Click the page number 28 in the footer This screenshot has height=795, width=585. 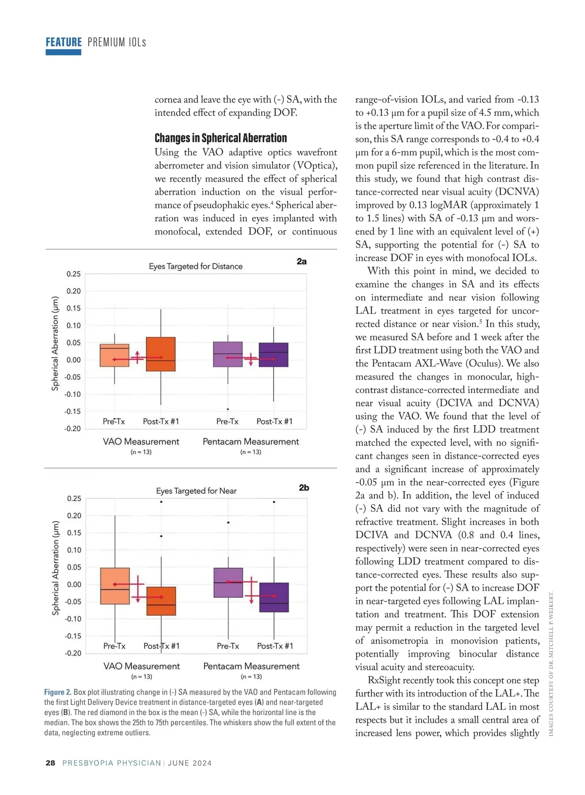(x=50, y=763)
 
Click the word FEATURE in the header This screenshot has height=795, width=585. (x=64, y=42)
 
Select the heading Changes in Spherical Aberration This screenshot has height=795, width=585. (x=221, y=138)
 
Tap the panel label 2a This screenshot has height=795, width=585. (x=302, y=262)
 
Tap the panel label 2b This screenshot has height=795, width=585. (x=304, y=487)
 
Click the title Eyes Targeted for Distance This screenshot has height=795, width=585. (x=195, y=266)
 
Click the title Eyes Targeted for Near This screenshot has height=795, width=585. (x=196, y=491)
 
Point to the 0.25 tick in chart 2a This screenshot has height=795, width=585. (x=74, y=274)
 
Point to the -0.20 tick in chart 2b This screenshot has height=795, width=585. (x=73, y=653)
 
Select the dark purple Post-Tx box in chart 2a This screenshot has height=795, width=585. (x=273, y=355)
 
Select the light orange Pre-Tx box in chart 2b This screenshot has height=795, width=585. (x=115, y=586)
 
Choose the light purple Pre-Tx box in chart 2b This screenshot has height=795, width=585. (x=228, y=582)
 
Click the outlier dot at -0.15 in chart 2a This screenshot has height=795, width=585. (x=228, y=409)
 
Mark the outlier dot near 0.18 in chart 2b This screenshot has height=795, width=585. (x=228, y=523)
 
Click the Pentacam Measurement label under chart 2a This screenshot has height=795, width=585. (x=251, y=442)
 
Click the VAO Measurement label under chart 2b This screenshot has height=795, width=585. (x=141, y=666)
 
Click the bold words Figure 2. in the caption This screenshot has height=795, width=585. (x=58, y=692)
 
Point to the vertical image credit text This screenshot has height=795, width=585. (x=551, y=663)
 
